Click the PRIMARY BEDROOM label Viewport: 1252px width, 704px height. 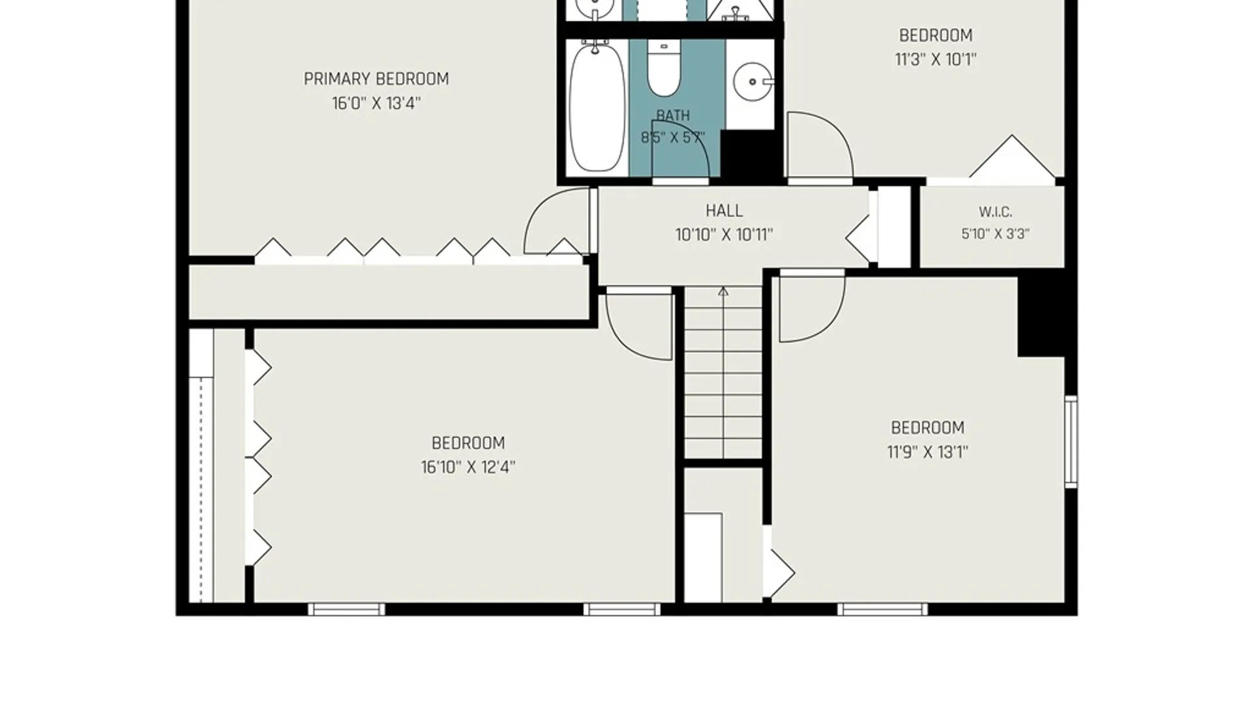tap(376, 79)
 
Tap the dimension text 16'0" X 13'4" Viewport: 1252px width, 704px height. tap(376, 103)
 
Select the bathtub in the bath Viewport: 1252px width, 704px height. tap(596, 107)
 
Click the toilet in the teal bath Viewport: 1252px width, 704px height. tap(664, 67)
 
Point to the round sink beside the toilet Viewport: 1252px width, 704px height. tap(753, 82)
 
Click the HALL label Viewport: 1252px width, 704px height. tap(724, 211)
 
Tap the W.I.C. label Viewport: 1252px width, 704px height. tap(995, 212)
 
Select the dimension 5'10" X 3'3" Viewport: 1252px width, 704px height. tap(995, 233)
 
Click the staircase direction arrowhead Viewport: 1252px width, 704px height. tap(723, 291)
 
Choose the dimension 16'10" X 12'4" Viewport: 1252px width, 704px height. tap(468, 467)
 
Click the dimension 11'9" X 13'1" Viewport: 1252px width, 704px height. tap(927, 452)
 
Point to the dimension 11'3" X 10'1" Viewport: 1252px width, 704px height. tap(936, 59)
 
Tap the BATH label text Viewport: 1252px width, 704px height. tap(673, 115)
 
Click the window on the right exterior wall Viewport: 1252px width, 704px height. tap(1071, 441)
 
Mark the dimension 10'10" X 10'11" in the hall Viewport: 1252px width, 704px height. tap(724, 235)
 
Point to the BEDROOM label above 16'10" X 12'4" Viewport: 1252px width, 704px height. tap(468, 443)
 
